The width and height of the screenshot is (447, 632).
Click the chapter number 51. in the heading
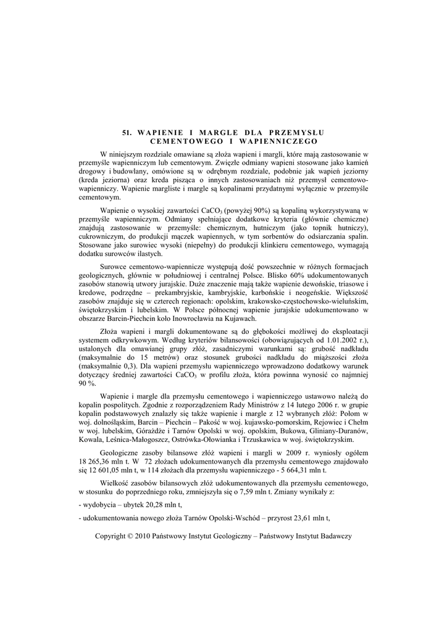click(x=128, y=132)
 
